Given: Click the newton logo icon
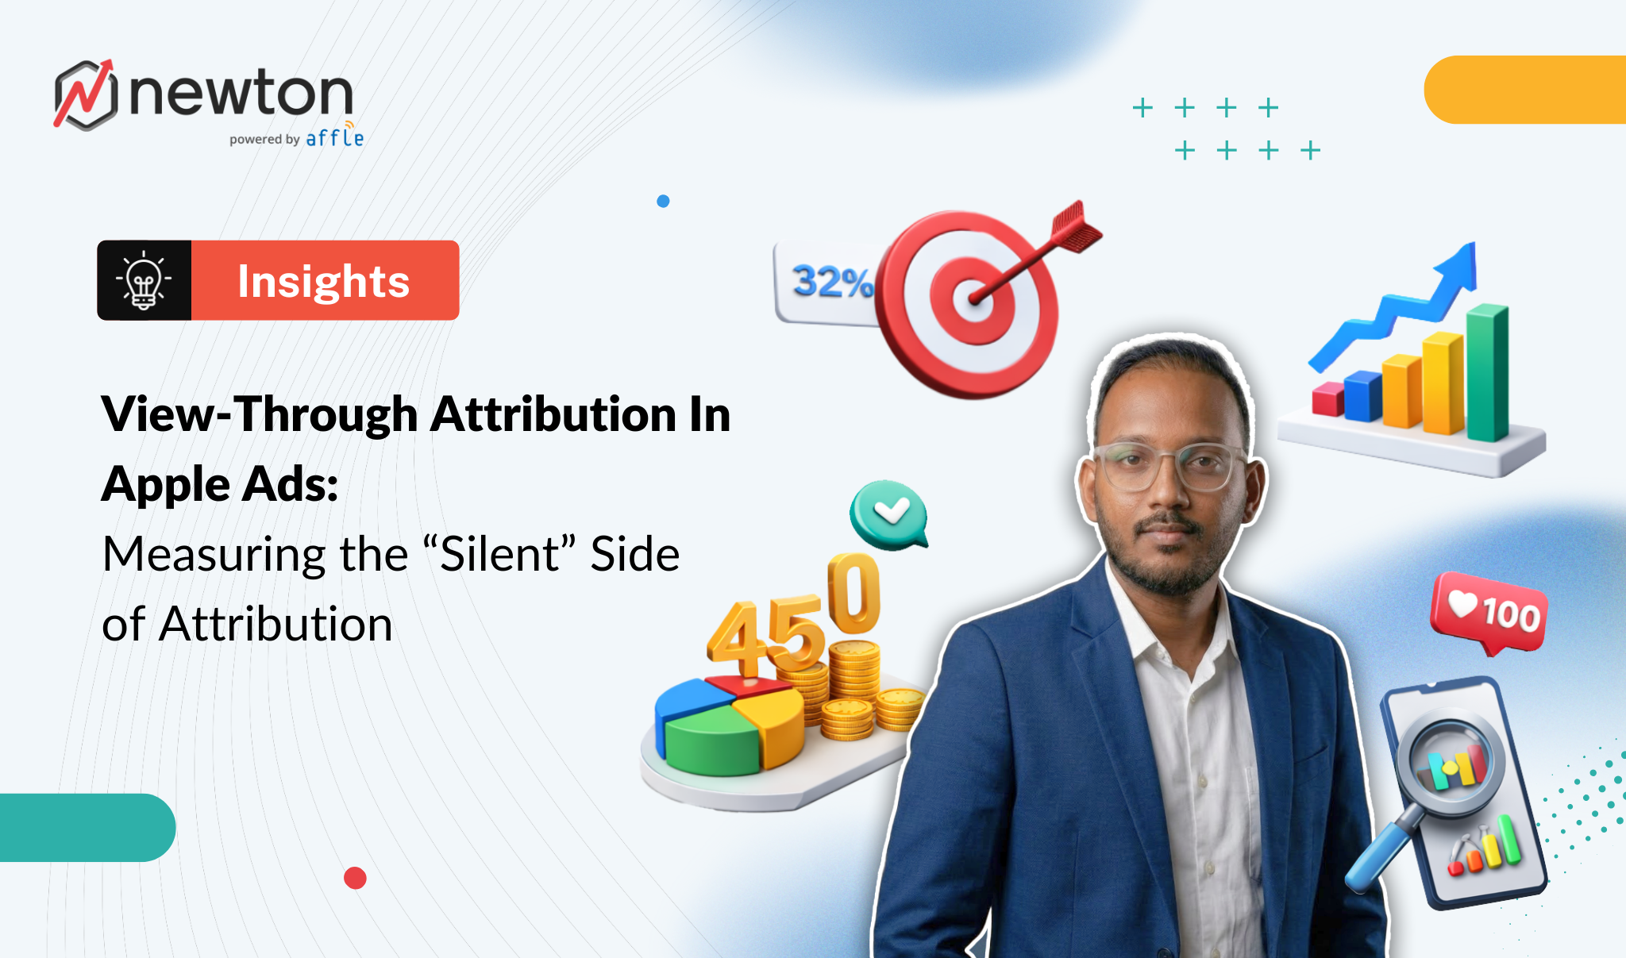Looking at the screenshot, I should [x=86, y=94].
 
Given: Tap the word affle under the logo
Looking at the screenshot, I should [x=334, y=138].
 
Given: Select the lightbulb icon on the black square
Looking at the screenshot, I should [x=144, y=280].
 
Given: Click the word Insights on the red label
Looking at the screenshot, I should [x=323, y=281].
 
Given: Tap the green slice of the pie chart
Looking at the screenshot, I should [x=711, y=742].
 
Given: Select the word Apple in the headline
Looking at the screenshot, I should [x=166, y=484].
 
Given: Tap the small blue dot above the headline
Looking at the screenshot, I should [x=663, y=202].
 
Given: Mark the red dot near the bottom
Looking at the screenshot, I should [x=355, y=878].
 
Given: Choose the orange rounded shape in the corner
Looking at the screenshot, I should [x=1524, y=90].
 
